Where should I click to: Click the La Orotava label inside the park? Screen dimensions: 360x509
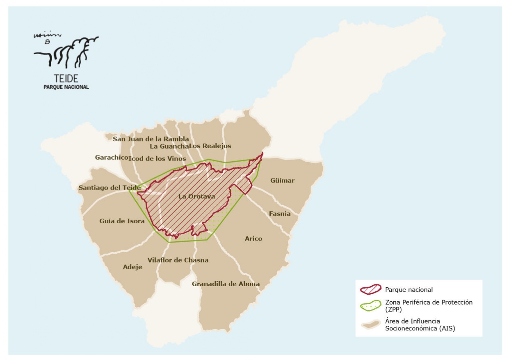[196, 197]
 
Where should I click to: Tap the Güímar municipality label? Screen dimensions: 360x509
[282, 181]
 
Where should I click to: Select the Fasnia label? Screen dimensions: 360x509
[280, 214]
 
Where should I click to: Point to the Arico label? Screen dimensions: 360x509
[253, 238]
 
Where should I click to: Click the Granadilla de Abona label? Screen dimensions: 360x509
[226, 284]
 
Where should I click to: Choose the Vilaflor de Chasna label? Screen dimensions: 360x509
[178, 260]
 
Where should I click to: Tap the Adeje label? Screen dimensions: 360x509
[132, 267]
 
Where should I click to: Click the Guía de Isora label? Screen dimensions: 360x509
[122, 221]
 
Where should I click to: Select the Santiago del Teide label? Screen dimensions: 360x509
[110, 188]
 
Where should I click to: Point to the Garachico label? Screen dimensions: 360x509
[111, 157]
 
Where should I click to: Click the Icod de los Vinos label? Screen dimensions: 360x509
[157, 159]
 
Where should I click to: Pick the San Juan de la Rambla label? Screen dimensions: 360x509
[151, 139]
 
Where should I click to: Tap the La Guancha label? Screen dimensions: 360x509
[169, 146]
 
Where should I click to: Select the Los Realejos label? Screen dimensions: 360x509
[210, 146]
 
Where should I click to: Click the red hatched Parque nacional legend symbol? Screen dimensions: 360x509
[370, 290]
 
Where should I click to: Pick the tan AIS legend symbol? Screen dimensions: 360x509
[370, 324]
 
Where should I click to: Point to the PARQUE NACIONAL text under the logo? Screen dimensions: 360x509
[66, 87]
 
